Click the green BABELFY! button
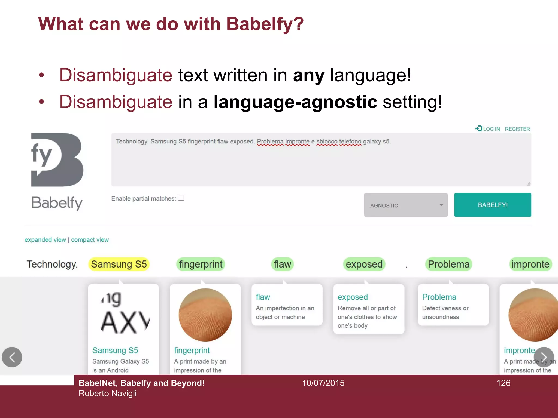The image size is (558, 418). coord(492,205)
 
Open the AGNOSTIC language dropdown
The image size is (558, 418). coord(405,205)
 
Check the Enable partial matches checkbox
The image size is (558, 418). coord(181,198)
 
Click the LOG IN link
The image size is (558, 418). coord(491,129)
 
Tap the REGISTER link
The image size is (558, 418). coord(517,129)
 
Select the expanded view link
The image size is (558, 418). coord(45,240)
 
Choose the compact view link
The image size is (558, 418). coord(90,240)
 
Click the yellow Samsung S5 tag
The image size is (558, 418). coord(119,264)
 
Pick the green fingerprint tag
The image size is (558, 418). coord(201,264)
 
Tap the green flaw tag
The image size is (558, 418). coord(282,264)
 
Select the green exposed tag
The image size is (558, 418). coord(364,264)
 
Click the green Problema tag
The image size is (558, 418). coord(448,264)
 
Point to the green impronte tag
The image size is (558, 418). coord(530,264)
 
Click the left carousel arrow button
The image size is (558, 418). coord(12,357)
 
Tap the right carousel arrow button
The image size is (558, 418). coord(544,357)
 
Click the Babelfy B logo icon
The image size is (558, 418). coord(57,160)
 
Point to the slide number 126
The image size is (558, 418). coord(503,383)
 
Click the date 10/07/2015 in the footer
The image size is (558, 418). coord(323,383)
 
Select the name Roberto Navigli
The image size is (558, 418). coord(108,393)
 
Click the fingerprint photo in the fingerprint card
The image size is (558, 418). coord(205,315)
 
